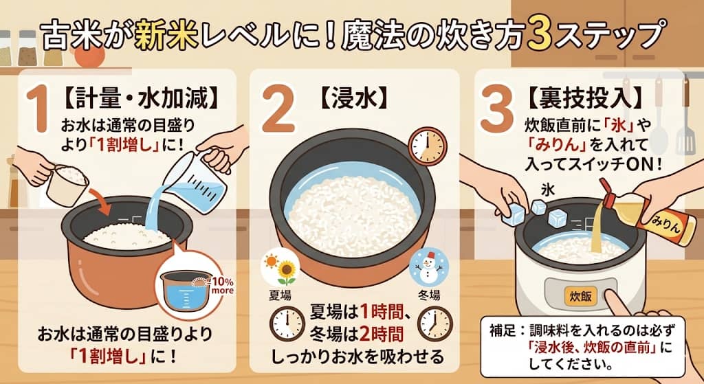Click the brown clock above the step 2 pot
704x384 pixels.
click(426, 145)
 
